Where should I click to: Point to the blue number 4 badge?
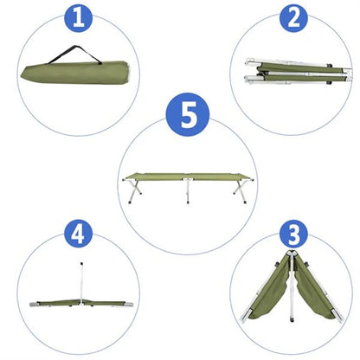click(x=79, y=235)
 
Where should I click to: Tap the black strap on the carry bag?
click(x=73, y=56)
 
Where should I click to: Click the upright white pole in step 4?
click(x=82, y=278)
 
